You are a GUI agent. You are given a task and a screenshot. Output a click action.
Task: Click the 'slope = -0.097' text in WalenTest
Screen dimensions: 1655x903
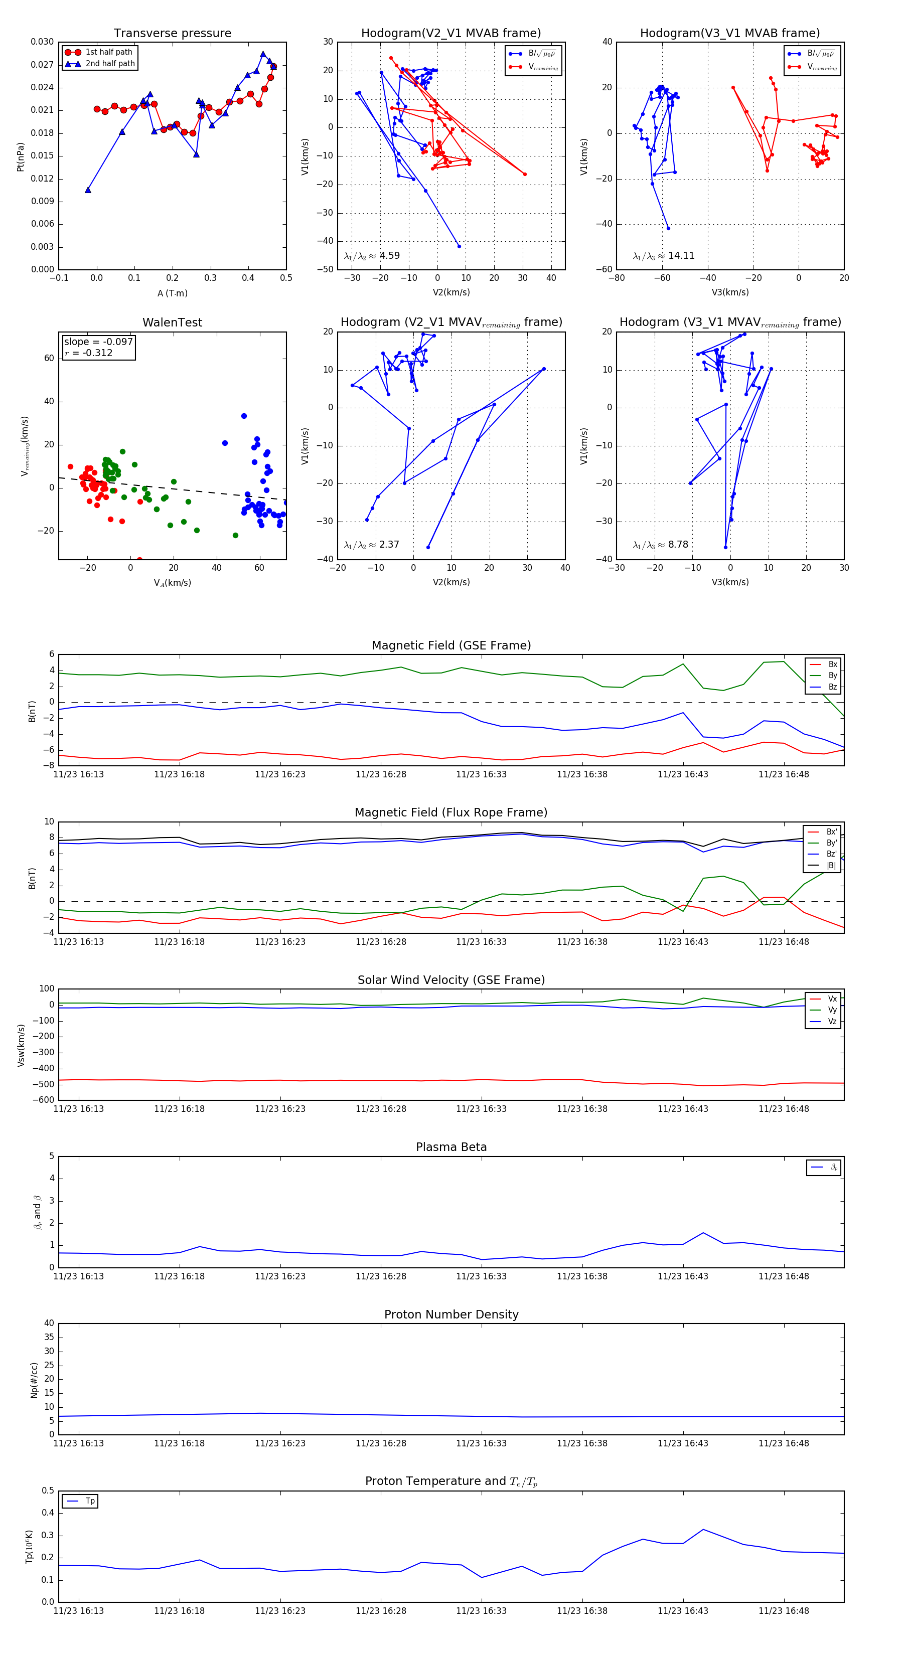(98, 342)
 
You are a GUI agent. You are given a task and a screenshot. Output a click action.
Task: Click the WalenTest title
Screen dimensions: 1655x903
(172, 322)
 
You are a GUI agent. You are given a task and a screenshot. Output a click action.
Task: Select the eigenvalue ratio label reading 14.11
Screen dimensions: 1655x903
(663, 256)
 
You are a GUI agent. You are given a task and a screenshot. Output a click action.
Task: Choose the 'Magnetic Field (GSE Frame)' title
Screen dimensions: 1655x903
(451, 645)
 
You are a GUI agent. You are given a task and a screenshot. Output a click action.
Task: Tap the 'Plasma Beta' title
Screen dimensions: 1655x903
(451, 1147)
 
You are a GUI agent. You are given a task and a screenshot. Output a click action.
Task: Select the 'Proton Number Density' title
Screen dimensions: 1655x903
(451, 1314)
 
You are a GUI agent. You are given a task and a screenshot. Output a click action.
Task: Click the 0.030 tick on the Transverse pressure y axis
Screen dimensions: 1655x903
(43, 42)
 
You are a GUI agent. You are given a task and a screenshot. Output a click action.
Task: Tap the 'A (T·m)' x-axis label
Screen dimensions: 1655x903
(172, 293)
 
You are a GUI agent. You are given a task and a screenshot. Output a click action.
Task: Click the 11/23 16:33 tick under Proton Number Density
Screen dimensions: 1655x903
(482, 1443)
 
